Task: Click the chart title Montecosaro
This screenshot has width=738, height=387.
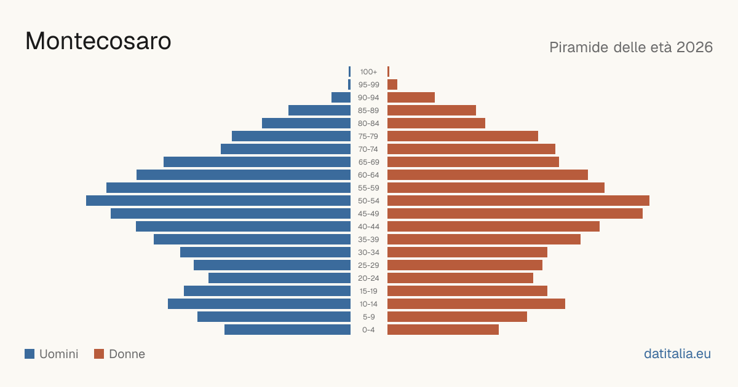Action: (x=98, y=41)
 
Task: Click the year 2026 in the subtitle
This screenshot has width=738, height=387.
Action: (x=694, y=47)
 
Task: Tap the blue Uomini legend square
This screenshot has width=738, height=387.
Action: (x=30, y=354)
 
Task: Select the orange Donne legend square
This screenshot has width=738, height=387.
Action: (x=99, y=354)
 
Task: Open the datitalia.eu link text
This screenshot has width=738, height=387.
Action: (x=677, y=354)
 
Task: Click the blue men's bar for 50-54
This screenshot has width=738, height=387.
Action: (x=218, y=201)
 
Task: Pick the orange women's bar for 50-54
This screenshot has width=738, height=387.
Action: (x=518, y=201)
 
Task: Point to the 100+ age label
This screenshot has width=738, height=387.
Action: (x=368, y=72)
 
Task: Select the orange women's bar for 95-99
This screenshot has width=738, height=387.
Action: (x=392, y=85)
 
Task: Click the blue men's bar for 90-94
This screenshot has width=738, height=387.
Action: (x=341, y=98)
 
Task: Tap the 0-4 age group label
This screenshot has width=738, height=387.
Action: (x=368, y=330)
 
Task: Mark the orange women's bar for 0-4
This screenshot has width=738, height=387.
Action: (x=443, y=330)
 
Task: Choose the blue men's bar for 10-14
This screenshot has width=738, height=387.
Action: (x=260, y=303)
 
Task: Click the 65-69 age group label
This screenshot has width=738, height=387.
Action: (x=368, y=162)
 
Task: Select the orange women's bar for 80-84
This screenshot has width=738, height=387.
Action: (x=436, y=123)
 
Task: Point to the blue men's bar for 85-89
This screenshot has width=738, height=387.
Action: (x=320, y=110)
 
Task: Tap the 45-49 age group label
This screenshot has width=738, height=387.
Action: (x=368, y=214)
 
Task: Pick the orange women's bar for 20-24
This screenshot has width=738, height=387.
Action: (x=460, y=278)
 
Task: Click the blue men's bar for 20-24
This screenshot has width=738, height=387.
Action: (x=279, y=278)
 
